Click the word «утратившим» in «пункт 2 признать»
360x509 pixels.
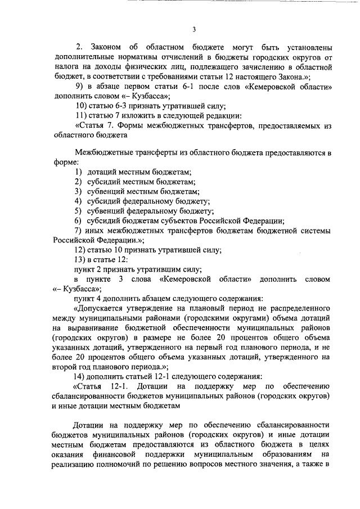click(x=150, y=269)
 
